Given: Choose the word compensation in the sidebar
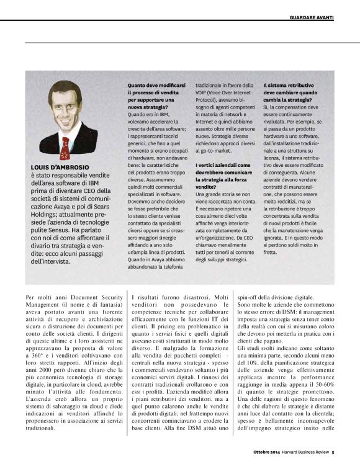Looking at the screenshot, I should [x=299, y=107].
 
